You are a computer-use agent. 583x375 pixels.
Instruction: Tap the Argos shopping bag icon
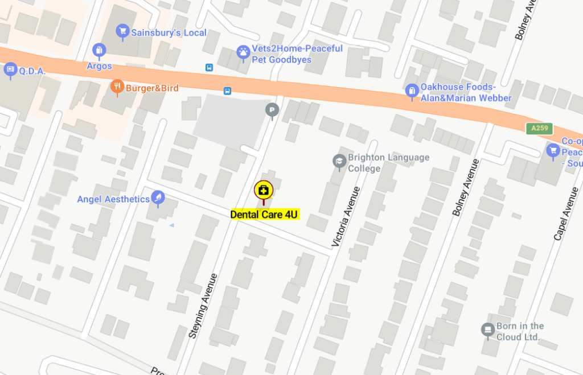pyautogui.click(x=99, y=51)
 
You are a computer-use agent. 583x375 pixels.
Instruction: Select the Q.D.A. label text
pyautogui.click(x=32, y=71)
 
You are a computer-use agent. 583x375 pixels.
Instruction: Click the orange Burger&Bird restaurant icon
pyautogui.click(x=117, y=86)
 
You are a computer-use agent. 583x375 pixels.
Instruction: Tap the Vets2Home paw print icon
pyautogui.click(x=243, y=53)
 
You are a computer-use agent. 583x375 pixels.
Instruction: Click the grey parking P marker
pyautogui.click(x=273, y=110)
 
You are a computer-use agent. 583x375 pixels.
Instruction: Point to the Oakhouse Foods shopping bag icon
pyautogui.click(x=412, y=90)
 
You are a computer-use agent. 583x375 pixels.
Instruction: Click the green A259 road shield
pyautogui.click(x=539, y=128)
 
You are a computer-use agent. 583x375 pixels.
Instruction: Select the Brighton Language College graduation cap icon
pyautogui.click(x=339, y=162)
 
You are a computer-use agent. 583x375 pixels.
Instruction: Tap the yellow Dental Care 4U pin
pyautogui.click(x=264, y=190)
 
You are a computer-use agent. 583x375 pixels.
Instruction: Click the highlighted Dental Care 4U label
pyautogui.click(x=264, y=215)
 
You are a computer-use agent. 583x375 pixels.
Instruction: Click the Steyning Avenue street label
pyautogui.click(x=204, y=306)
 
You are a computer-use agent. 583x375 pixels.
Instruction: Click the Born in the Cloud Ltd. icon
pyautogui.click(x=487, y=329)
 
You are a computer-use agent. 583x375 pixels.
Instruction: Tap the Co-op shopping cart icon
pyautogui.click(x=552, y=151)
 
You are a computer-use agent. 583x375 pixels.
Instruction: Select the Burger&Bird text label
pyautogui.click(x=152, y=88)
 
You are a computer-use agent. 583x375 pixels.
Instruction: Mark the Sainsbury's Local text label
pyautogui.click(x=169, y=33)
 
